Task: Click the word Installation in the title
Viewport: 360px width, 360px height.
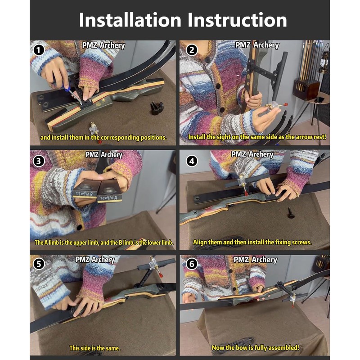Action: click(x=130, y=20)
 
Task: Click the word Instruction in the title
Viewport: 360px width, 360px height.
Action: click(x=237, y=20)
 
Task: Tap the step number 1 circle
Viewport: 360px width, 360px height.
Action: click(x=39, y=50)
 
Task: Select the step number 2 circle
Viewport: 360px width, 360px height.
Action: click(x=192, y=50)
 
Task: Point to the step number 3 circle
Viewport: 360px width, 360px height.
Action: click(x=39, y=161)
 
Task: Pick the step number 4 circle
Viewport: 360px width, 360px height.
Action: click(x=192, y=161)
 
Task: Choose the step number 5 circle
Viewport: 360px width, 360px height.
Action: click(x=39, y=264)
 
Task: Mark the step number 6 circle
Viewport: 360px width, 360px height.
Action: click(x=192, y=264)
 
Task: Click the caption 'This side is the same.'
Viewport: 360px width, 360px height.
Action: click(x=95, y=348)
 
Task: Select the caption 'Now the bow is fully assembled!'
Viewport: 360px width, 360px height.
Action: click(x=255, y=347)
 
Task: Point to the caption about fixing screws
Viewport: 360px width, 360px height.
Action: click(x=252, y=242)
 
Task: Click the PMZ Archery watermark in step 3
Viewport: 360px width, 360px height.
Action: click(x=104, y=155)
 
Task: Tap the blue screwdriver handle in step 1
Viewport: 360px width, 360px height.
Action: click(x=67, y=88)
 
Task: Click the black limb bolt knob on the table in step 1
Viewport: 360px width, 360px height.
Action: click(x=157, y=108)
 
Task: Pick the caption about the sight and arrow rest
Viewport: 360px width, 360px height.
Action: click(x=257, y=137)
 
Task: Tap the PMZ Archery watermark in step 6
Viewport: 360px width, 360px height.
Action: click(x=255, y=260)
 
